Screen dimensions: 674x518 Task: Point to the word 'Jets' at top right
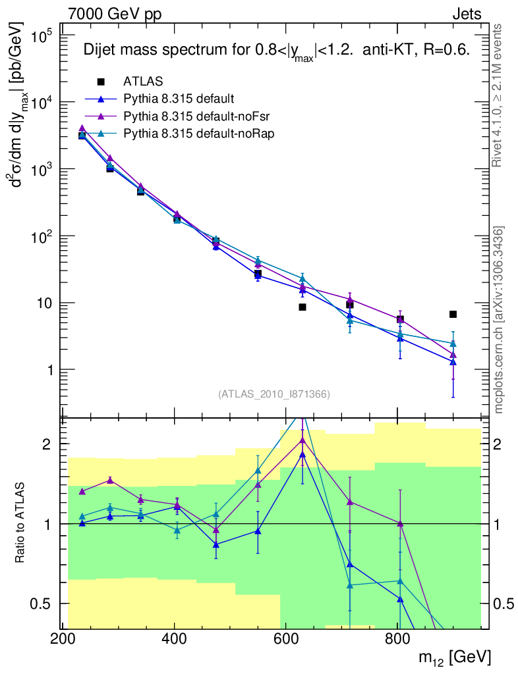click(466, 14)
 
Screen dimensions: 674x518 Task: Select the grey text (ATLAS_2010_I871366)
click(273, 394)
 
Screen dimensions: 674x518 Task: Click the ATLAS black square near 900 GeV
click(453, 314)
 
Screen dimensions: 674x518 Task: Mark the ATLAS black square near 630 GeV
click(302, 307)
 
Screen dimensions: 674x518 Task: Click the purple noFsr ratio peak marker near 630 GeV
click(302, 440)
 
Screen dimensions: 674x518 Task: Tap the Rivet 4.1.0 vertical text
click(498, 95)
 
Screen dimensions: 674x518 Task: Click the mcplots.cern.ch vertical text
click(499, 320)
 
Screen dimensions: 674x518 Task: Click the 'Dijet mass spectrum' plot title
click(275, 51)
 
